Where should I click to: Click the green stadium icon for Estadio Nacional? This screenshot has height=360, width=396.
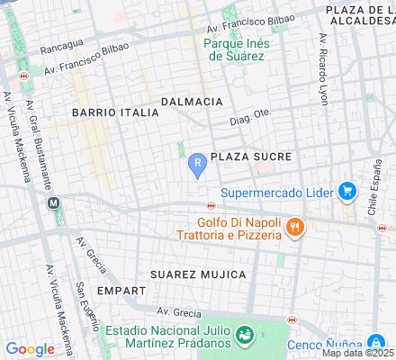click(243, 335)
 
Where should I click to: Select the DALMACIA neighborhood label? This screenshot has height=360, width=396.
click(191, 102)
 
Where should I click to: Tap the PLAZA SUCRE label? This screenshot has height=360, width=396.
click(251, 157)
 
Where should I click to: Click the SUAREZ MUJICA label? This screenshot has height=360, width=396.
click(199, 273)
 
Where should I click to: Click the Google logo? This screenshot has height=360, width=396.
click(30, 349)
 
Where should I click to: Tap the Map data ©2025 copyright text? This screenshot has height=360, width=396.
click(359, 353)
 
